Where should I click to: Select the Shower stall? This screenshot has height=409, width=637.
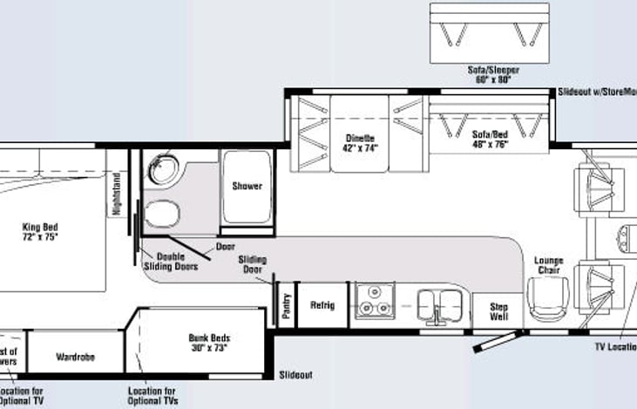point(247,185)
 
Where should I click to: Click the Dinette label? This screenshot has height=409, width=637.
point(359,142)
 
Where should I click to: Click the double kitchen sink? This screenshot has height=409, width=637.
point(437,304)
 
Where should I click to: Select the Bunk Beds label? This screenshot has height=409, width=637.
point(207,343)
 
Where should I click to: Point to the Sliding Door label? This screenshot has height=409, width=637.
point(251,264)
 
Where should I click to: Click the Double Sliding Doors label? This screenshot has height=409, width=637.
point(177,262)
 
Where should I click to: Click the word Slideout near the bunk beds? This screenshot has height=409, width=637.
point(296,375)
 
